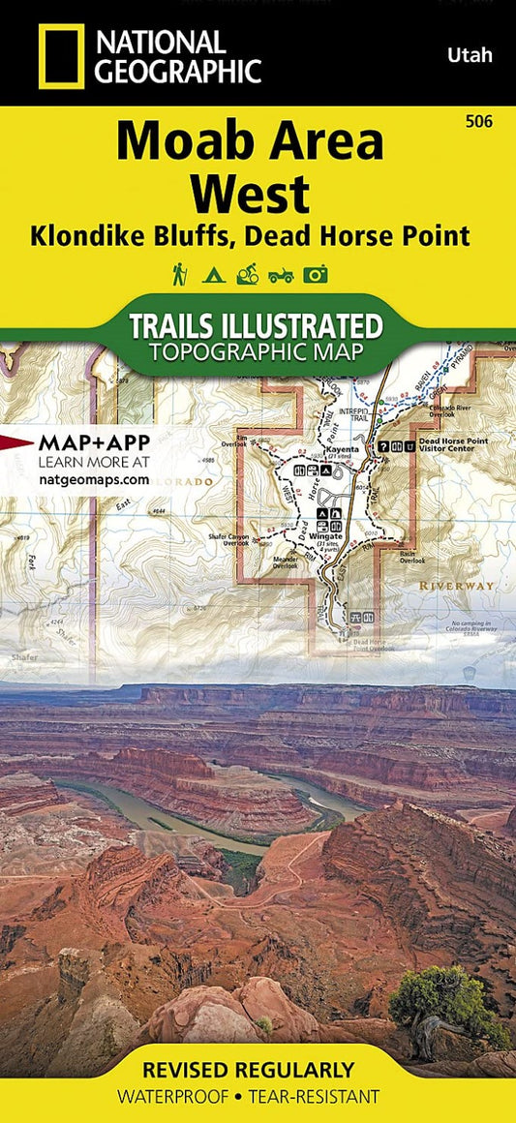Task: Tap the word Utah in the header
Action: point(470,55)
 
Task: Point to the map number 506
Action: point(478,122)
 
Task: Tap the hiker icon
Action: point(180,275)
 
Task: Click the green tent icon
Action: point(213,276)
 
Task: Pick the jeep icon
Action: point(281,276)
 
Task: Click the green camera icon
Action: point(316,276)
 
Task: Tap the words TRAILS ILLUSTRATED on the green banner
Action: point(258,324)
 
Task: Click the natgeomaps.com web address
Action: point(94,478)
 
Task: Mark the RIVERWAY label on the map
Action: point(456,586)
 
